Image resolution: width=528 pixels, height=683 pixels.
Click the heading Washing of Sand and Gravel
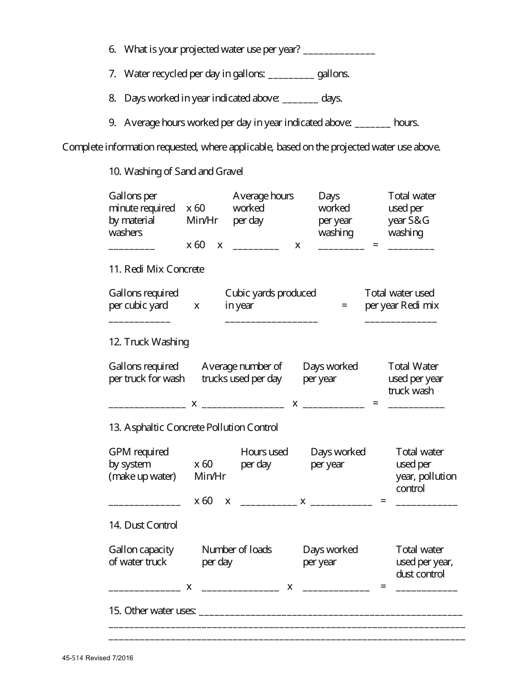pyautogui.click(x=176, y=172)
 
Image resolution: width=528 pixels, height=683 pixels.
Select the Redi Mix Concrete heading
pyautogui.click(x=156, y=269)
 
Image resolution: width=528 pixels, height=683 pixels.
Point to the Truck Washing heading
pyautogui.click(x=148, y=342)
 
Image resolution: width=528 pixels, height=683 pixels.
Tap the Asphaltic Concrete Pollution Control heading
pyautogui.click(x=193, y=428)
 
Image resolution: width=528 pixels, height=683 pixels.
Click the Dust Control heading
pyautogui.click(x=143, y=525)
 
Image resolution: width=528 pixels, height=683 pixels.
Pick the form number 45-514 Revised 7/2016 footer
pyautogui.click(x=98, y=659)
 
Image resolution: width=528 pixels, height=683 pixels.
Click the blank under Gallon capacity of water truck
pyautogui.click(x=145, y=588)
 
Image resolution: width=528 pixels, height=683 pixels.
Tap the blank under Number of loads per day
pyautogui.click(x=240, y=588)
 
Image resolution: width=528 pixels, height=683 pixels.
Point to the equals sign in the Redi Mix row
pyautogui.click(x=344, y=305)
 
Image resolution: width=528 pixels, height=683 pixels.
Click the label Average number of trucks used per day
pyautogui.click(x=242, y=373)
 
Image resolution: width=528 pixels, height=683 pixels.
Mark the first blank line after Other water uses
pyautogui.click(x=330, y=613)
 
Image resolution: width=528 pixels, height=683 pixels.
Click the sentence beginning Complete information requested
pyautogui.click(x=251, y=147)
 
